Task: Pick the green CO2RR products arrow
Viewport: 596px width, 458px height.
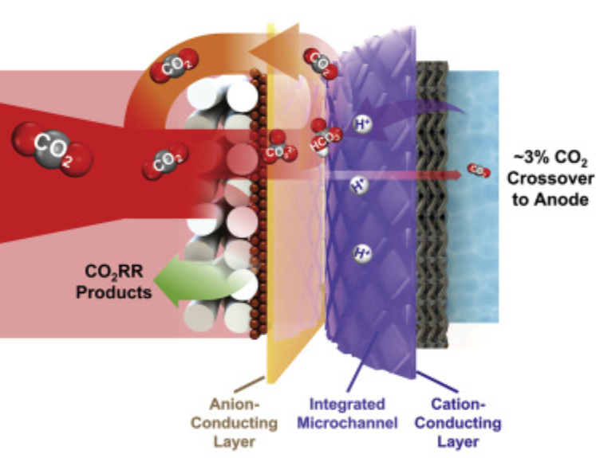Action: [184, 281]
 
